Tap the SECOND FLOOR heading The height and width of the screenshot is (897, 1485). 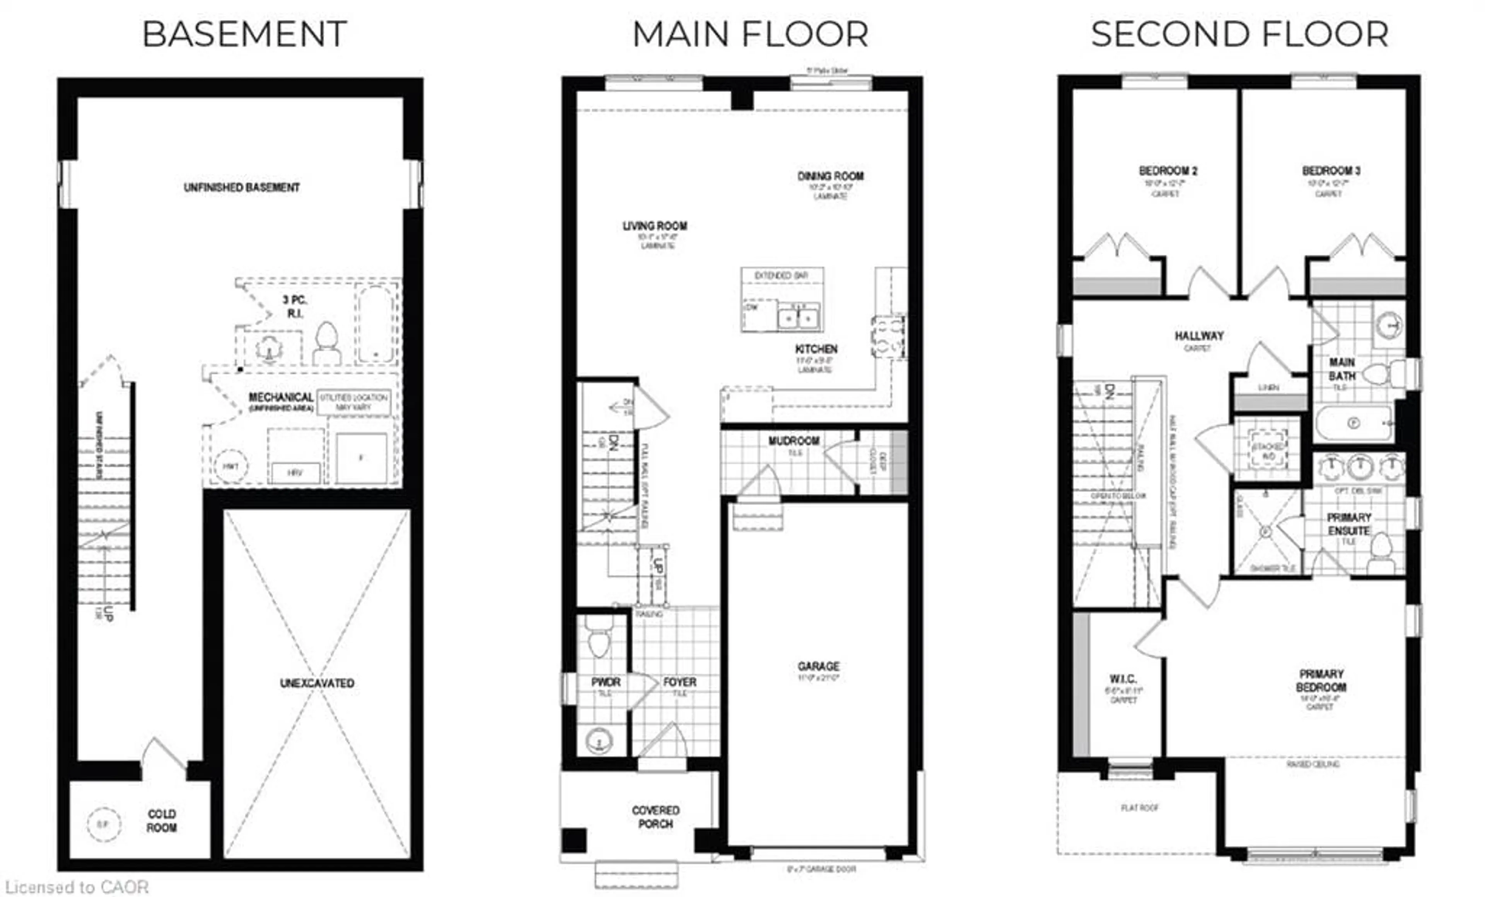click(1240, 34)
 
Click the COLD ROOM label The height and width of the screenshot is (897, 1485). click(162, 820)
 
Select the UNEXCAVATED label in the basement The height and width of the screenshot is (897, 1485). click(317, 683)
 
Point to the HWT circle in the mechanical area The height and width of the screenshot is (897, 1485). click(230, 466)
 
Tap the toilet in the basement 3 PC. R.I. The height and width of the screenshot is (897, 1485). click(327, 342)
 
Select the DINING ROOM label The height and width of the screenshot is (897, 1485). click(831, 176)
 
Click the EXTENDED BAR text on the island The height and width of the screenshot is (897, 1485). click(781, 275)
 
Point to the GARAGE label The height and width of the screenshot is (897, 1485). click(818, 666)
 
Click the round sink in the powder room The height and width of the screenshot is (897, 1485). click(599, 741)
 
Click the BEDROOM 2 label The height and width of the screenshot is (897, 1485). click(1168, 171)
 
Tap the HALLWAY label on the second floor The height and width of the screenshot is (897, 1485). click(1199, 335)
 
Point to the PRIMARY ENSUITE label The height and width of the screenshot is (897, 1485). click(1349, 524)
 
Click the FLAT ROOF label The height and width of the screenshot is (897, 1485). click(1140, 808)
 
